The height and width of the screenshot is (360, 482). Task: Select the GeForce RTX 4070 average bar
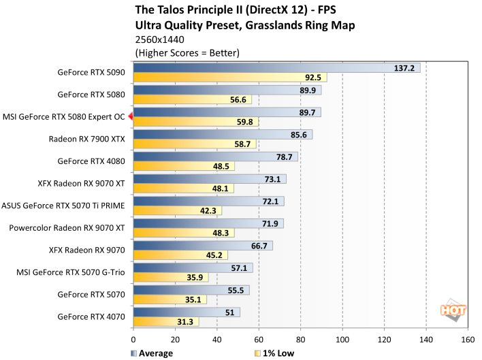point(186,312)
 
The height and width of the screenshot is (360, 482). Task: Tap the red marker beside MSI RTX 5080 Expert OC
point(131,117)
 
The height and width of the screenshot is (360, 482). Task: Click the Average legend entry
point(153,353)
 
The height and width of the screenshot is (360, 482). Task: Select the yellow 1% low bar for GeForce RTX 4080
point(184,166)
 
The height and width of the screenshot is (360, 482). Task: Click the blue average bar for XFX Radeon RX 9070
point(203,246)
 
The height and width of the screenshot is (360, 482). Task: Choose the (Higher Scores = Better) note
point(188,52)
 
